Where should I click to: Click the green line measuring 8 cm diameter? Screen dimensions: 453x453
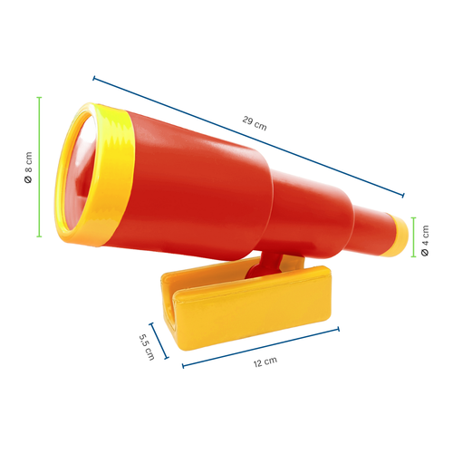point(39,167)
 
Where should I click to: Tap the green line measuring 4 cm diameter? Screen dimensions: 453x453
point(413,238)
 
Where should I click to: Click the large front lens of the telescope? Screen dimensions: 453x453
point(78,178)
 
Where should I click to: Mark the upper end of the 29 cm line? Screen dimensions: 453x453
point(93,78)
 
